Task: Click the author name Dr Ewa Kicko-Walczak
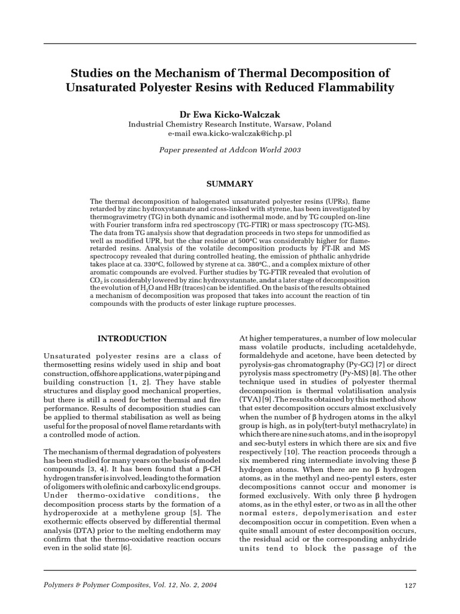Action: pyautogui.click(x=230, y=113)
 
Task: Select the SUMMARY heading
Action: pyautogui.click(x=230, y=183)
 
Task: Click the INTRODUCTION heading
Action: pyautogui.click(x=132, y=339)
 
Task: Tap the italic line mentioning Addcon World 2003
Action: pyautogui.click(x=230, y=150)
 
